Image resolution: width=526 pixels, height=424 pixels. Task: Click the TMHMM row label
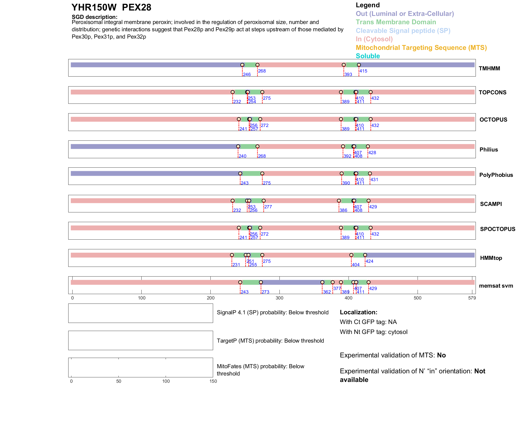point(489,68)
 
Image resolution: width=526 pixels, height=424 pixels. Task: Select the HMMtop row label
point(491,258)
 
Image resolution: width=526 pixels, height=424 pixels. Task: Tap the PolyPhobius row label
point(496,175)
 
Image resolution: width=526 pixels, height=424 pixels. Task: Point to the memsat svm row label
point(496,286)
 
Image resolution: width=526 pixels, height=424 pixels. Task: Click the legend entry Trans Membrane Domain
point(396,22)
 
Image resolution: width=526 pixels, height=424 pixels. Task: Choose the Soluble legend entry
point(368,56)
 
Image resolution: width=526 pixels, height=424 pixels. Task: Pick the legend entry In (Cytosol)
point(374,39)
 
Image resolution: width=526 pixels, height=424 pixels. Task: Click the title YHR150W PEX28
point(111,7)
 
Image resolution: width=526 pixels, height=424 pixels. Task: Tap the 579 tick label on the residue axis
point(472,298)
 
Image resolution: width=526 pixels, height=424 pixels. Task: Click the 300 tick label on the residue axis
point(279,298)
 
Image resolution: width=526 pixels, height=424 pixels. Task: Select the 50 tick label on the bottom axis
point(119,381)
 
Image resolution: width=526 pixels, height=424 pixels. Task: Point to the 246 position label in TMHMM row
point(247,75)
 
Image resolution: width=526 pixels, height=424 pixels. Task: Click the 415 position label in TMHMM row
point(363,71)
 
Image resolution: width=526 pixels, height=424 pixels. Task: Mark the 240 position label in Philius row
point(242,156)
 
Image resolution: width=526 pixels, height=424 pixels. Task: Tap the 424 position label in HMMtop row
point(369,261)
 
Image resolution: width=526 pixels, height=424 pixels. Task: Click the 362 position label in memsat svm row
point(327,292)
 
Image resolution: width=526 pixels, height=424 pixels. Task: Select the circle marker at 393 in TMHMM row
point(344,65)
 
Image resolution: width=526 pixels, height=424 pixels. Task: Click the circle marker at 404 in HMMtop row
point(351,255)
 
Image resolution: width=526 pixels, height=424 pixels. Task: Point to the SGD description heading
point(94,17)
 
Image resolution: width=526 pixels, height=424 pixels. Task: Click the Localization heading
point(358,312)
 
